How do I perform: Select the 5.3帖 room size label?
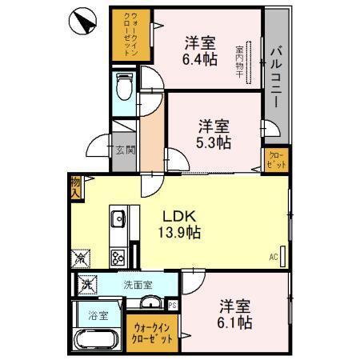[x=215, y=142]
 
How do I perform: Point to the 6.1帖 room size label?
[x=236, y=322]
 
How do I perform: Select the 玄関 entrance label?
[x=124, y=150]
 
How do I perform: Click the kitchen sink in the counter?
[x=118, y=218]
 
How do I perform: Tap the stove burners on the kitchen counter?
[x=118, y=257]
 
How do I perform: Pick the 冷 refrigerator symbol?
[x=82, y=258]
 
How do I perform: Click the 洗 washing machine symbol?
[x=84, y=283]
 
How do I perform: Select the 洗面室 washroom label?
[x=138, y=283]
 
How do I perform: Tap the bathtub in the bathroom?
[x=97, y=343]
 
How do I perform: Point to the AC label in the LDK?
[x=273, y=258]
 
